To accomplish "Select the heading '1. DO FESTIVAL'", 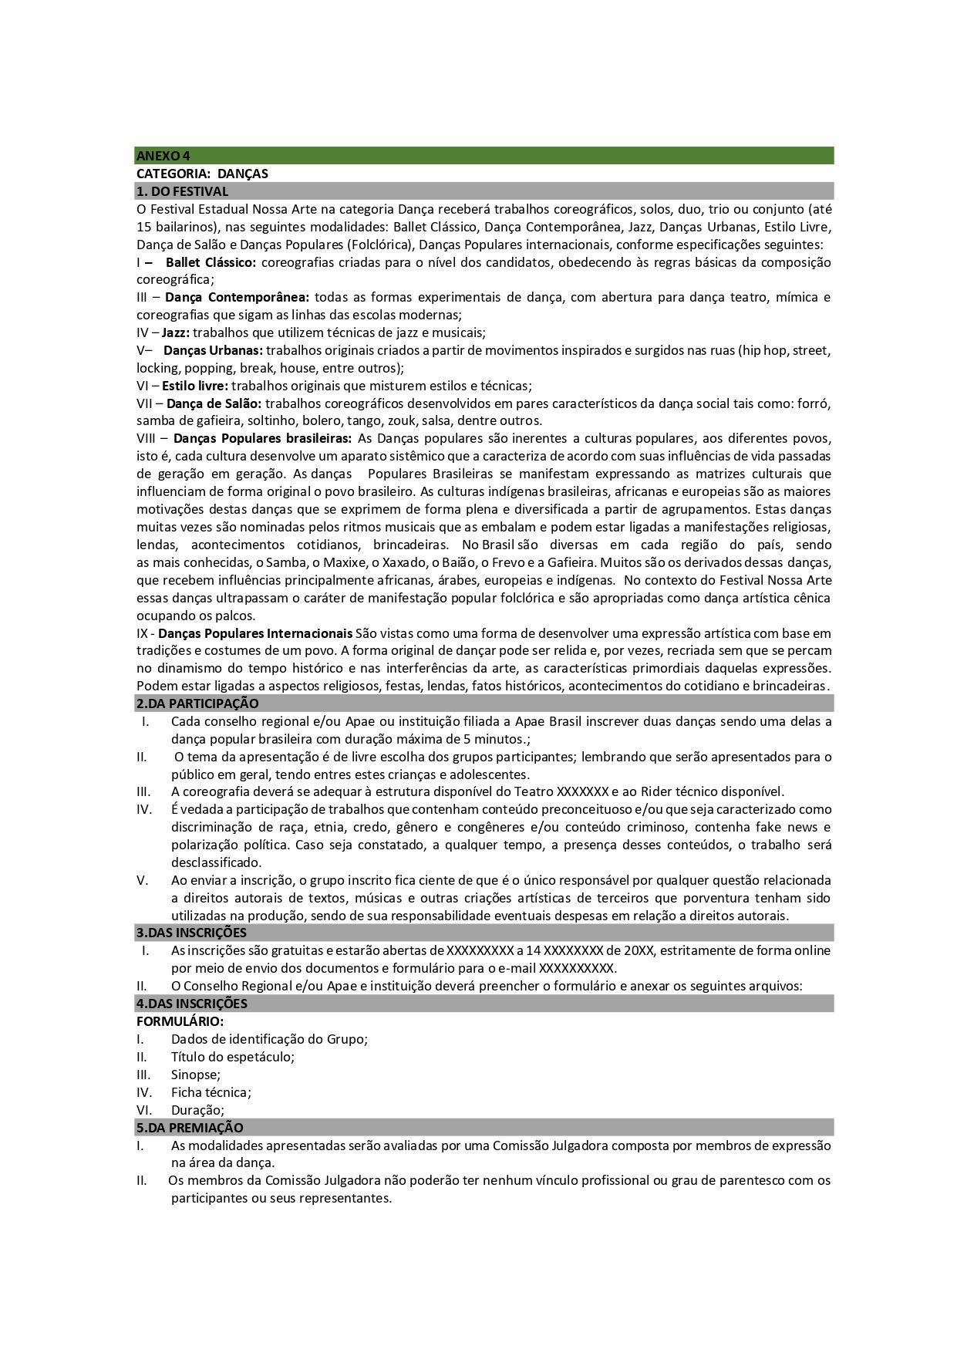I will pyautogui.click(x=183, y=191).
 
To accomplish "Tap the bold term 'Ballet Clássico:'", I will pyautogui.click(x=211, y=262).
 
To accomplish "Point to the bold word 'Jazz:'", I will pyautogui.click(x=176, y=332).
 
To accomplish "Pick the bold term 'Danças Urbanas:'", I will pyautogui.click(x=213, y=350).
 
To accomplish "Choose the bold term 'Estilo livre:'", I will pyautogui.click(x=195, y=386).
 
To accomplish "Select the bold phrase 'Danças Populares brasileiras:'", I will pyautogui.click(x=262, y=439).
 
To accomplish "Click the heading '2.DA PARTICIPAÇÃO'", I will pyautogui.click(x=197, y=703).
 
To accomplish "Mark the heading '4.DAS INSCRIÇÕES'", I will pyautogui.click(x=192, y=1004).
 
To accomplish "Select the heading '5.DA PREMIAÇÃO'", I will pyautogui.click(x=190, y=1128).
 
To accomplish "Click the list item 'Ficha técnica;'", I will pyautogui.click(x=211, y=1092).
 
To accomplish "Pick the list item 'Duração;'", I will pyautogui.click(x=197, y=1110).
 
